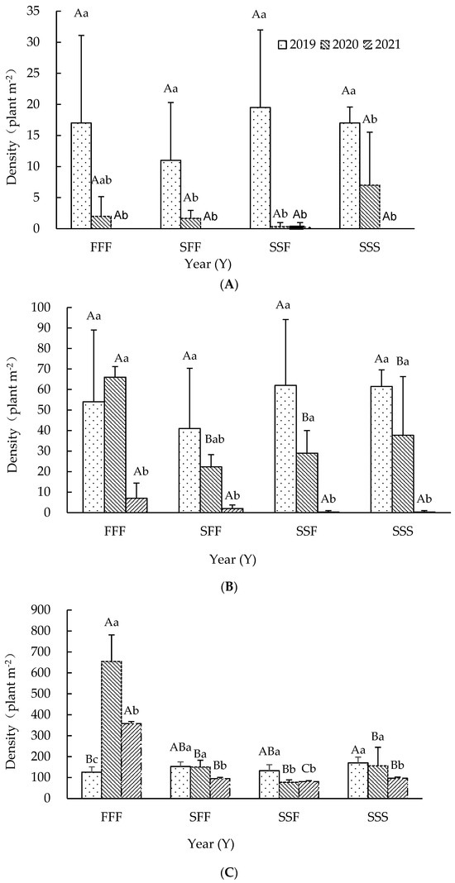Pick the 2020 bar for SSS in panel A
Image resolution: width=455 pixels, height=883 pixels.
coord(370,207)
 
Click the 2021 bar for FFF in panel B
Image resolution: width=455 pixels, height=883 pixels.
coord(136,505)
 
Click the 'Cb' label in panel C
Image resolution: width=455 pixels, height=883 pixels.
coord(310,768)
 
